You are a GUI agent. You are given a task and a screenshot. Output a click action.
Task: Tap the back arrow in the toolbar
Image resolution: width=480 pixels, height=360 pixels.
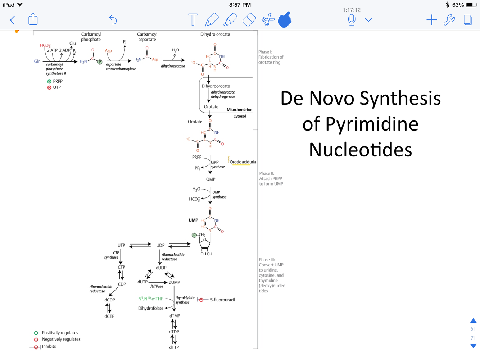tap(13, 20)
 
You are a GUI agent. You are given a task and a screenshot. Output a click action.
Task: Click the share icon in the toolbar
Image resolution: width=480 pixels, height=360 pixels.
tap(33, 19)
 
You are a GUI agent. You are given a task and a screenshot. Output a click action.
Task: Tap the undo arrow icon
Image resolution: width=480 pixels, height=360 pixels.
tap(113, 20)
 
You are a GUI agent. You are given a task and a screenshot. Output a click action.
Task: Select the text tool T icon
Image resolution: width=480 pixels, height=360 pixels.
tap(193, 19)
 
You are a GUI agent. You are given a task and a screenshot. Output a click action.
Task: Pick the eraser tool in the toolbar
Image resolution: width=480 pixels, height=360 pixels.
tap(249, 20)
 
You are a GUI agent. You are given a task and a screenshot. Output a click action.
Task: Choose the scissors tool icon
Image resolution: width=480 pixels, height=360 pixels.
tap(268, 20)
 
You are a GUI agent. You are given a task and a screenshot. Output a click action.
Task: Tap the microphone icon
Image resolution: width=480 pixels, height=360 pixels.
tap(352, 20)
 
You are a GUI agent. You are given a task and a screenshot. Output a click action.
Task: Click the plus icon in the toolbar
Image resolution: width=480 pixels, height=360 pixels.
tap(431, 20)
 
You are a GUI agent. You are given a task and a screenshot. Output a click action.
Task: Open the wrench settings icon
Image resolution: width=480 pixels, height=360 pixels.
tap(449, 20)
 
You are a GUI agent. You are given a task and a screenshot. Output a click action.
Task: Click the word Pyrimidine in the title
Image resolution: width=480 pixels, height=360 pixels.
tap(360, 124)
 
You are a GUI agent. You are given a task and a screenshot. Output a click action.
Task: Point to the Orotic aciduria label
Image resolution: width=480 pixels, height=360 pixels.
tap(243, 162)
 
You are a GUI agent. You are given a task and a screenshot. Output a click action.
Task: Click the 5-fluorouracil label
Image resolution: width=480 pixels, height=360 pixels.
tap(222, 300)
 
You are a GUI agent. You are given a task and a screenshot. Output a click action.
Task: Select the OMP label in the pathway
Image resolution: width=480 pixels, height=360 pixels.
tap(210, 179)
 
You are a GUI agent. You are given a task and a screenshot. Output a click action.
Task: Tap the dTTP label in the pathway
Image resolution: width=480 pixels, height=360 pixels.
tap(174, 347)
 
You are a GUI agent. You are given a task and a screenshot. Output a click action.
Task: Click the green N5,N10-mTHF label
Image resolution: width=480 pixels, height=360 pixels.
tap(150, 299)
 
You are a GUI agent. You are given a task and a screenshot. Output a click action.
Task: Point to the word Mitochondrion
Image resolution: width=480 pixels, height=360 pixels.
tap(239, 110)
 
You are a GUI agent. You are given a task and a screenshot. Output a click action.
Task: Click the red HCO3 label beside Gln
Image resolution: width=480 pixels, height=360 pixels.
tap(45, 46)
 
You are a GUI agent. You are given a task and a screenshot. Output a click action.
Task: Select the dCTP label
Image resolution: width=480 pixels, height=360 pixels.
tap(109, 316)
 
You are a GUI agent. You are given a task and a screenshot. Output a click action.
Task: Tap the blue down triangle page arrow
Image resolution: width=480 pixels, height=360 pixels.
tap(474, 346)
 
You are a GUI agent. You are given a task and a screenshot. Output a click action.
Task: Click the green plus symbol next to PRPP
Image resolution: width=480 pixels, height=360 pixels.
tap(49, 82)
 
